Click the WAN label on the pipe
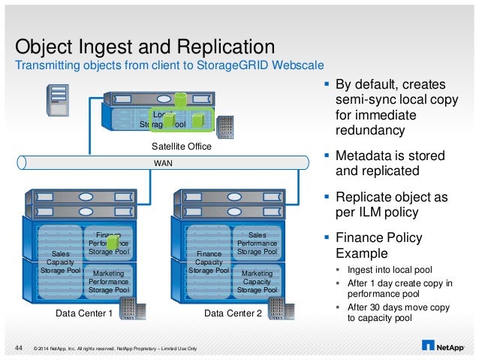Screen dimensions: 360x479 162,162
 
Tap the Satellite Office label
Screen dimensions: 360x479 181,147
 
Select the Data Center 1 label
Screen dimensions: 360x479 85,313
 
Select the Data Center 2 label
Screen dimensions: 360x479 233,313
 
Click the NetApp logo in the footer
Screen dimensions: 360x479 444,346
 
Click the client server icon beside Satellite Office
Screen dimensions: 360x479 58,100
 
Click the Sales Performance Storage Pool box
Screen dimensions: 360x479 257,244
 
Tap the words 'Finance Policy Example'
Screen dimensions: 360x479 378,245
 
